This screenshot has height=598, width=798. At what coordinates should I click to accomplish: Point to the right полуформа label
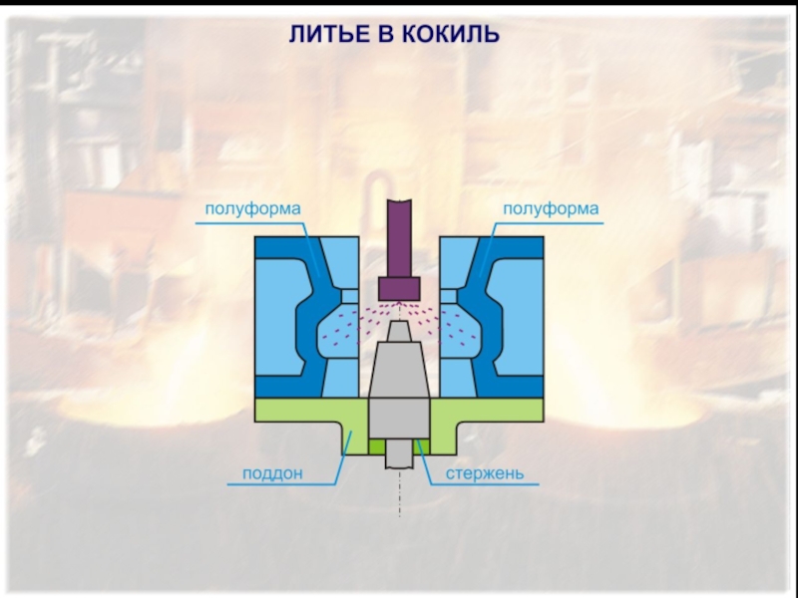pyautogui.click(x=550, y=209)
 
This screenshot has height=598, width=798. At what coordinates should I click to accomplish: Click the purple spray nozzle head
pyautogui.click(x=399, y=287)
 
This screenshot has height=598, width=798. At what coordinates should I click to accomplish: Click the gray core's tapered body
pyautogui.click(x=399, y=369)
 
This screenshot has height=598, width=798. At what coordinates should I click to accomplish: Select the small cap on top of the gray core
pyautogui.click(x=399, y=328)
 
